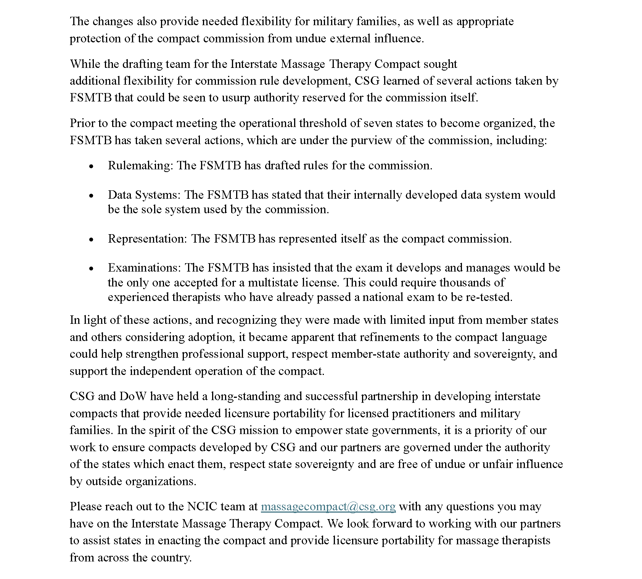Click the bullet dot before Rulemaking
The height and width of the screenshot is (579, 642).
tap(91, 166)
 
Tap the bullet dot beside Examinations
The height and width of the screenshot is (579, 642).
tap(91, 269)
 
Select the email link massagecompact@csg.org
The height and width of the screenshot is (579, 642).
tap(328, 507)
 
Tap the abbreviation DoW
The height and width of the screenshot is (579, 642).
tap(133, 396)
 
